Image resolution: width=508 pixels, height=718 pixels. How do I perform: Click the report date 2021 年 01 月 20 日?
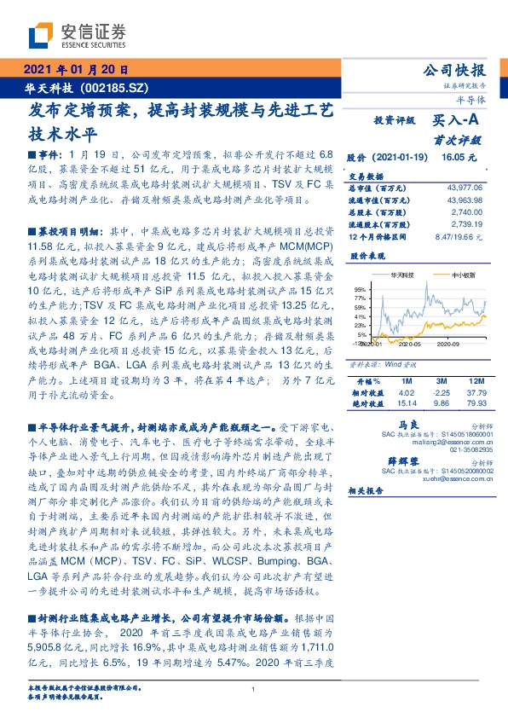coord(75,71)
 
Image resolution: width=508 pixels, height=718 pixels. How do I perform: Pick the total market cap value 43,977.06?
coord(465,187)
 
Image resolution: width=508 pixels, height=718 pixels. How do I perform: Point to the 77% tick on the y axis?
coord(361,297)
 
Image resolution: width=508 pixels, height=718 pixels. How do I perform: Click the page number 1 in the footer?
coord(254,690)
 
